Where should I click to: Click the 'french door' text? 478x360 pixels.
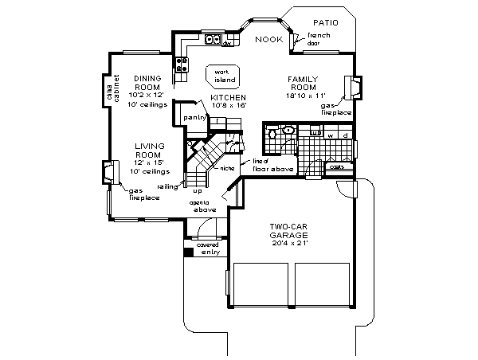click(318, 40)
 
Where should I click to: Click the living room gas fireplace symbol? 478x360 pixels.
click(107, 173)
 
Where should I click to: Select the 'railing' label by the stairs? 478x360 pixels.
click(167, 186)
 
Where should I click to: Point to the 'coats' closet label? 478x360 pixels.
click(337, 167)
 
